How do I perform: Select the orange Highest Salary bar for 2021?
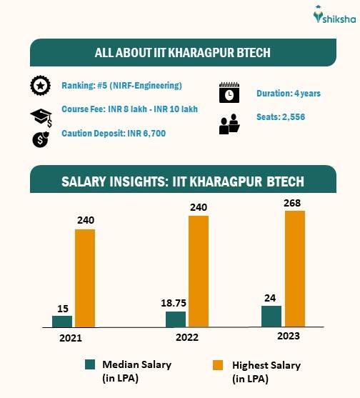click(x=84, y=278)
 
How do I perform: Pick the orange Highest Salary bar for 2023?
click(x=295, y=269)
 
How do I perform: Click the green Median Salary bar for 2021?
click(x=62, y=321)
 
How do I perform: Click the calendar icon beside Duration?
click(x=229, y=93)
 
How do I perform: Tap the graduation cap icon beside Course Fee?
click(x=40, y=117)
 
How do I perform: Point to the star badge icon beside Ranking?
click(x=40, y=86)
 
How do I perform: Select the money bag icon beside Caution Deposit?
click(x=40, y=139)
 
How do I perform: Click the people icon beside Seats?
click(x=229, y=124)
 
